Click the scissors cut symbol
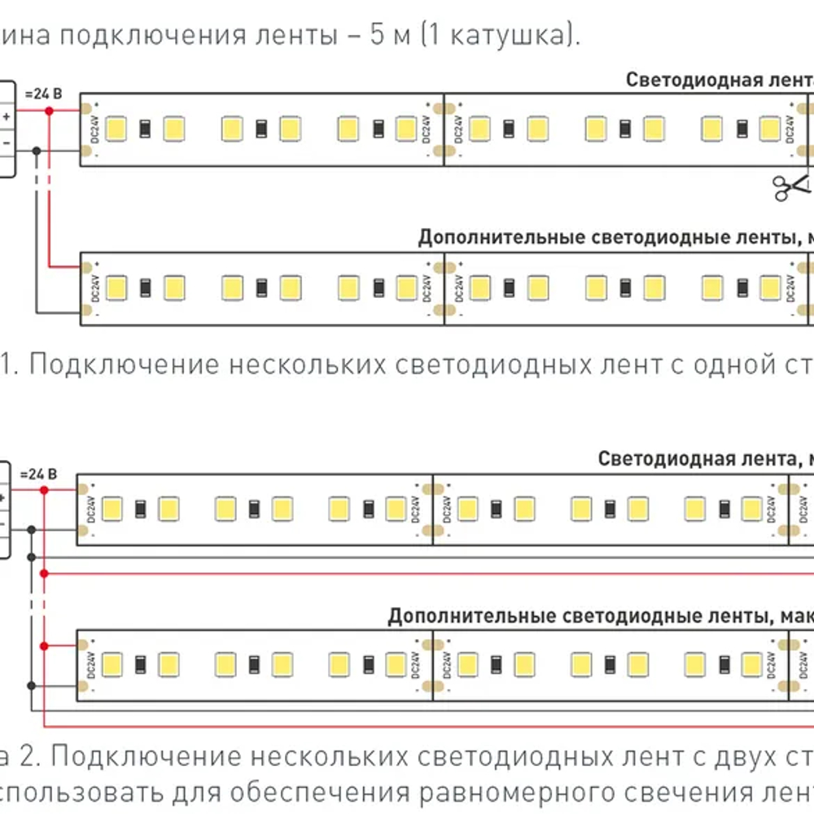[x=792, y=186]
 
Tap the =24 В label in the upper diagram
[x=42, y=94]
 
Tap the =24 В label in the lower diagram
[x=38, y=475]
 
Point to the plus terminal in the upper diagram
[x=7, y=116]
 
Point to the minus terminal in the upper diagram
[x=7, y=142]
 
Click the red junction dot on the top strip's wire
[x=50, y=109]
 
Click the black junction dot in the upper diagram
[x=37, y=150]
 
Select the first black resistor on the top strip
[x=145, y=129]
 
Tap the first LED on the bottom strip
[x=112, y=665]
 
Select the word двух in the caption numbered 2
[x=747, y=757]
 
